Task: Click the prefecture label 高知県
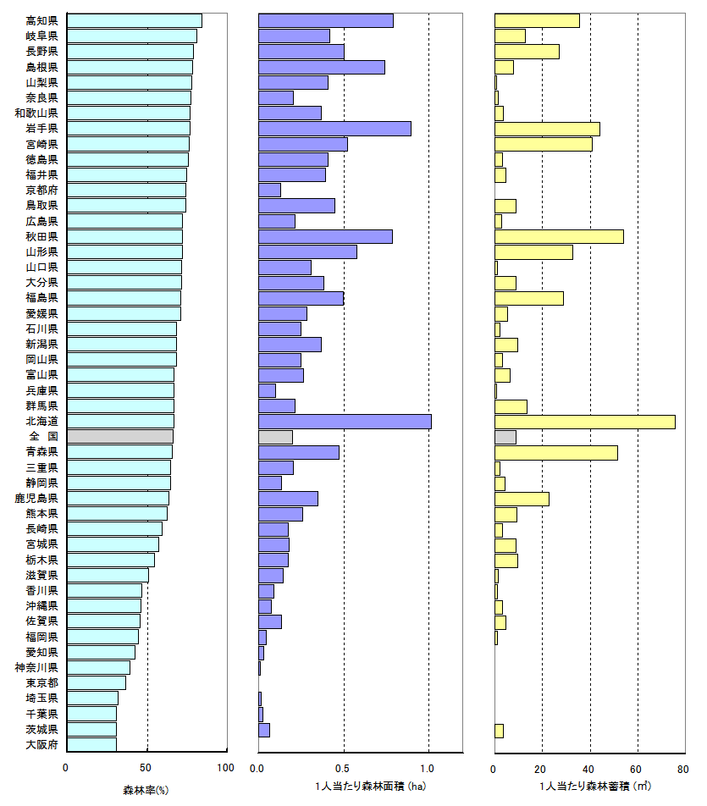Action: pyautogui.click(x=41, y=20)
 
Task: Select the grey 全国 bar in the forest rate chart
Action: pyautogui.click(x=119, y=437)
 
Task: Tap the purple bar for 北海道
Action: pyautogui.click(x=345, y=422)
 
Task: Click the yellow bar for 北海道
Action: pyautogui.click(x=584, y=422)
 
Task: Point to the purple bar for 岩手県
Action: pyautogui.click(x=334, y=129)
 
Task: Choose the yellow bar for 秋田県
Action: pyautogui.click(x=559, y=237)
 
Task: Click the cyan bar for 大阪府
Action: pyautogui.click(x=91, y=745)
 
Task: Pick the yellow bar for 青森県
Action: pyautogui.click(x=555, y=452)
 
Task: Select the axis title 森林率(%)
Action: pyautogui.click(x=146, y=790)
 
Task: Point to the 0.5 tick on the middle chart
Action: pyautogui.click(x=343, y=769)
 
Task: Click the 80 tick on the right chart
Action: pyautogui.click(x=682, y=769)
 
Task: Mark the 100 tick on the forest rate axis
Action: pyautogui.click(x=226, y=769)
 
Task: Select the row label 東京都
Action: pyautogui.click(x=41, y=683)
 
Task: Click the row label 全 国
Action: pyautogui.click(x=41, y=437)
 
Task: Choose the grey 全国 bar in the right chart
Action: pyautogui.click(x=505, y=437)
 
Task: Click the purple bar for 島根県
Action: pyautogui.click(x=322, y=67)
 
